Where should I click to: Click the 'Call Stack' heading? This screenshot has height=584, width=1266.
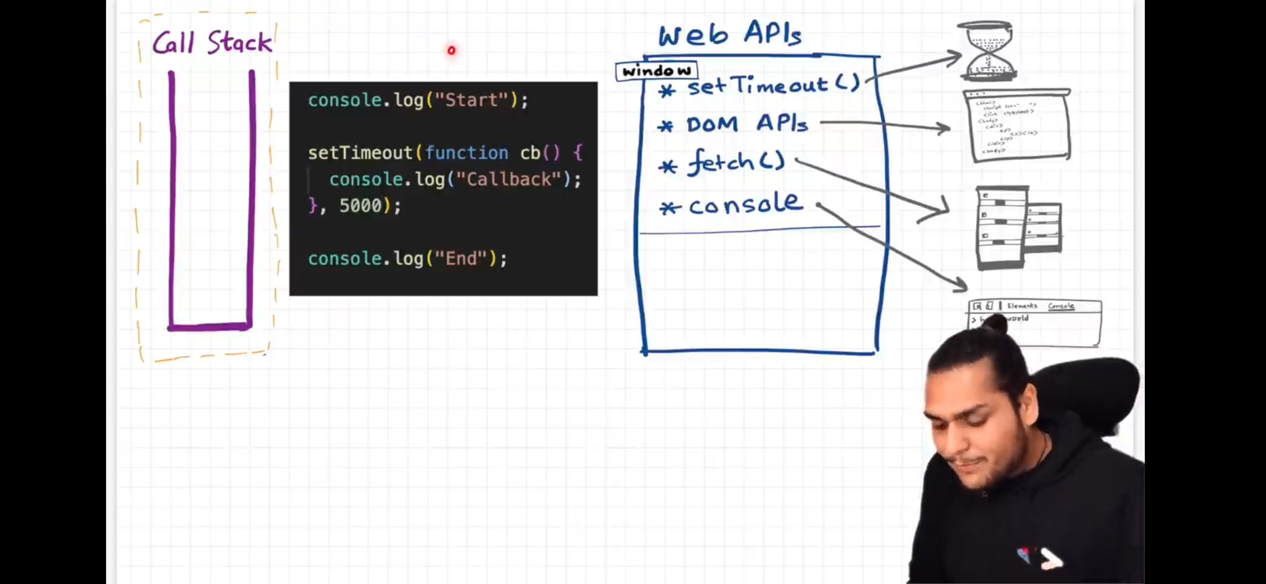pyautogui.click(x=212, y=42)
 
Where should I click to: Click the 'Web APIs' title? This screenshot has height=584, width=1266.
pyautogui.click(x=730, y=34)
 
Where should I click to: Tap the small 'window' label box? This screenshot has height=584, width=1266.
pyautogui.click(x=656, y=71)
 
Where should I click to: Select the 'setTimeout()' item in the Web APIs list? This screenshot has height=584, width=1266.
pyautogui.click(x=774, y=85)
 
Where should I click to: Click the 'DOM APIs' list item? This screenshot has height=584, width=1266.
pyautogui.click(x=747, y=124)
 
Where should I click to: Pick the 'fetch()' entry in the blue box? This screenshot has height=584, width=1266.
pyautogui.click(x=736, y=162)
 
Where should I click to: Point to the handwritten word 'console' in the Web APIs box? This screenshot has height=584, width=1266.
pyautogui.click(x=746, y=204)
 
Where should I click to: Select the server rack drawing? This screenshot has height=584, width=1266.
pyautogui.click(x=1017, y=227)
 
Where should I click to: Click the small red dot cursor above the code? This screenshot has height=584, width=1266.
pyautogui.click(x=451, y=50)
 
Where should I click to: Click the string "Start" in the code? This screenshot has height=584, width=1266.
pyautogui.click(x=471, y=100)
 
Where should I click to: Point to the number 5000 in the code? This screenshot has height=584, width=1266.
pyautogui.click(x=360, y=205)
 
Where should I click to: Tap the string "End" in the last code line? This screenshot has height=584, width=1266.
pyautogui.click(x=461, y=258)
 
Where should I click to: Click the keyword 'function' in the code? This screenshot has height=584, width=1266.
pyautogui.click(x=466, y=153)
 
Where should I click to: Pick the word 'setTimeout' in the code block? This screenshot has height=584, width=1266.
pyautogui.click(x=360, y=153)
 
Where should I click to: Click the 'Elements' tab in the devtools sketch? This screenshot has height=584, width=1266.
pyautogui.click(x=1022, y=306)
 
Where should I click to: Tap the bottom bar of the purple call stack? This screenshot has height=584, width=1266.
pyautogui.click(x=210, y=327)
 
